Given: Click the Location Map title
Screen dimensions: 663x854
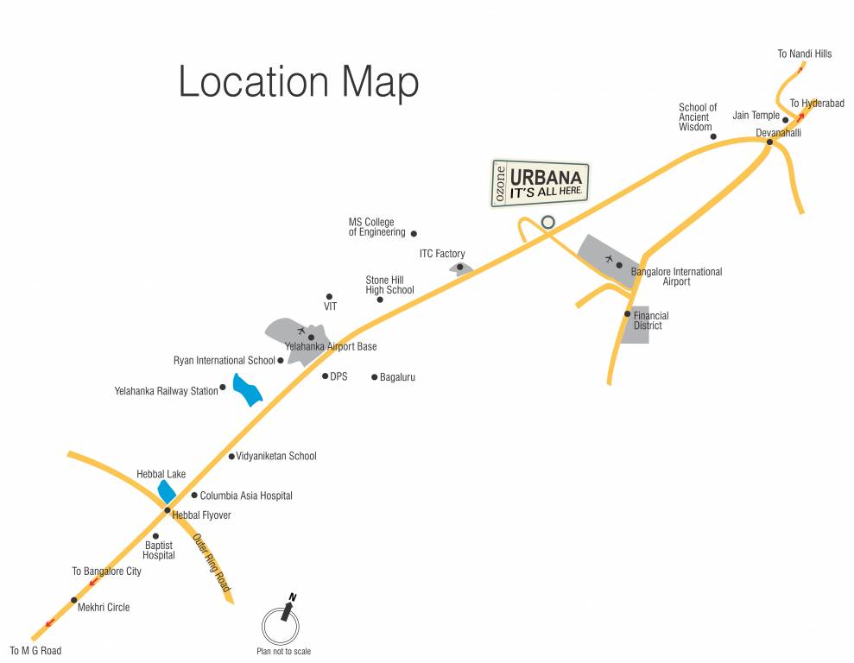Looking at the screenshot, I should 298,82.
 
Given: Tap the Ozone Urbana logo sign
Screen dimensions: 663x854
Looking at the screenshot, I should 541,184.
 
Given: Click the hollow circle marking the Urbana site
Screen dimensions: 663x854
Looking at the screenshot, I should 547,222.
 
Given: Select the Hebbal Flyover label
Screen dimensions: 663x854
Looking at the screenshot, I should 202,515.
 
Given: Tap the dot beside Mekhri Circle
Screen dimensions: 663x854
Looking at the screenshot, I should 73,600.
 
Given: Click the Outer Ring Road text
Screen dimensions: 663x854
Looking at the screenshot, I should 212,563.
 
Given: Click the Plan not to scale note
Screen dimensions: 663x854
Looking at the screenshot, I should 283,652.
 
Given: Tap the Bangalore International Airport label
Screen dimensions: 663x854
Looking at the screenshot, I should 676,276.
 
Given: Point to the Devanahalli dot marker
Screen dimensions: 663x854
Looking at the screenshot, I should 769,142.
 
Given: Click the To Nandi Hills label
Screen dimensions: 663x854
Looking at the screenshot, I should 804,54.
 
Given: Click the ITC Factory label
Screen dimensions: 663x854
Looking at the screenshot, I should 442,254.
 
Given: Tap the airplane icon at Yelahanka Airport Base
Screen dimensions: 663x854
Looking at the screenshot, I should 300,331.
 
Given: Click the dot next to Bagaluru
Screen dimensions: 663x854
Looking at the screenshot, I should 374,377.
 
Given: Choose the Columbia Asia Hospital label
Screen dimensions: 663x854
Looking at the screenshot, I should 246,496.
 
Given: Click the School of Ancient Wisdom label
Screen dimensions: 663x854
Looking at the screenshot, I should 698,117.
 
